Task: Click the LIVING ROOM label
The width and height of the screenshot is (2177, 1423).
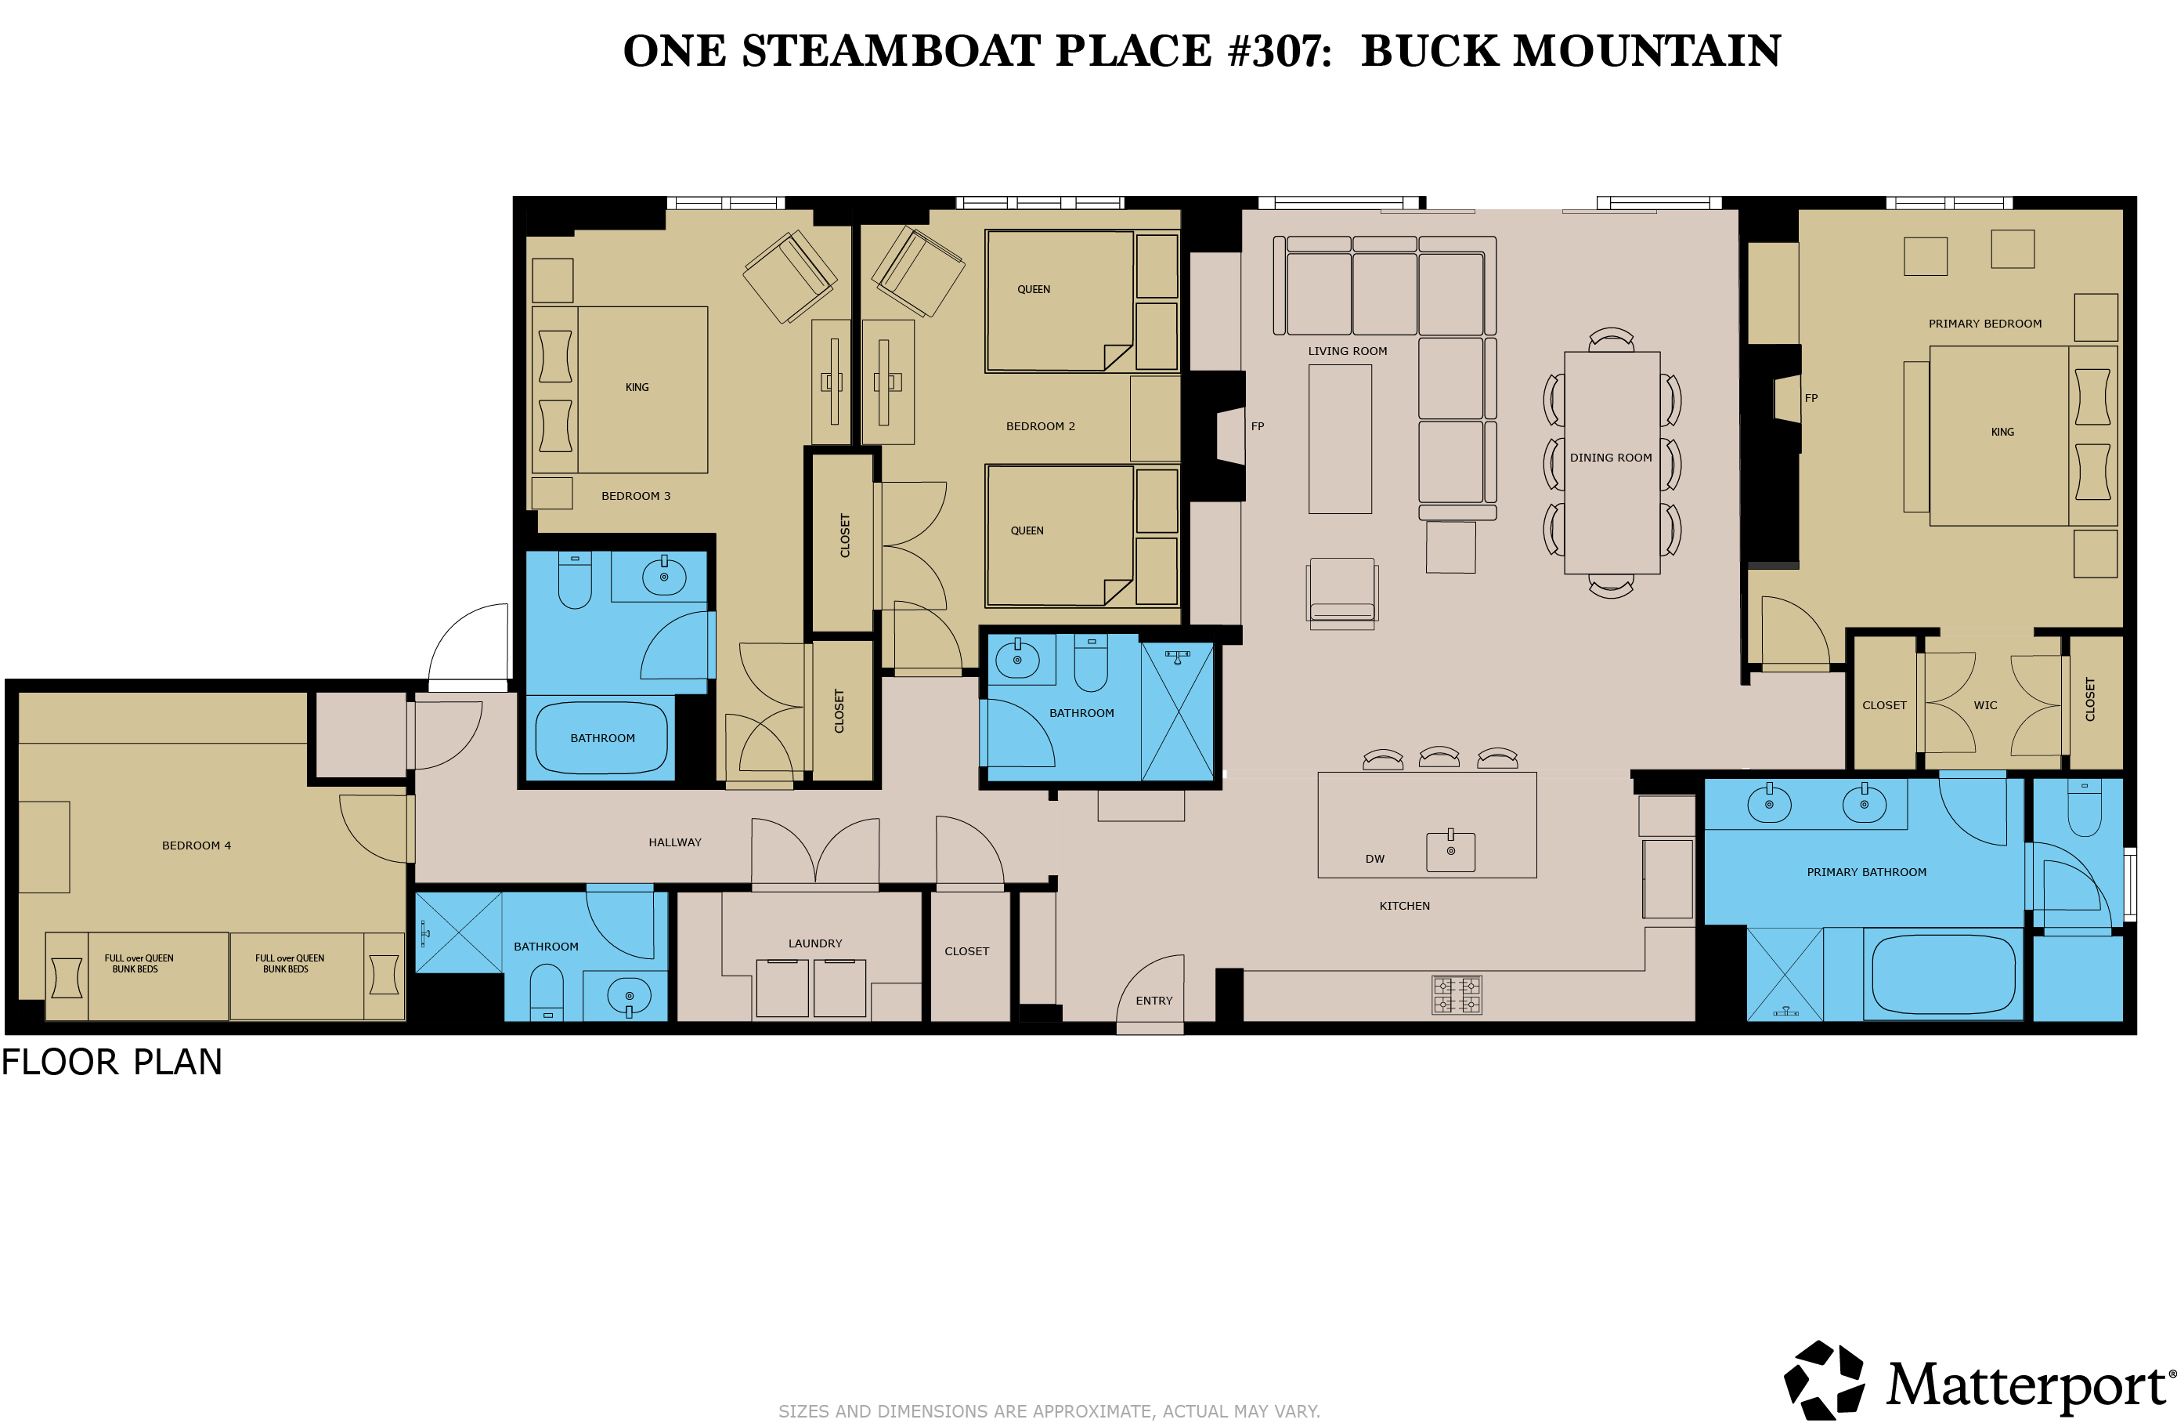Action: (x=1348, y=351)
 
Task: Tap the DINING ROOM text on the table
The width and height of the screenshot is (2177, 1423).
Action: (x=1611, y=458)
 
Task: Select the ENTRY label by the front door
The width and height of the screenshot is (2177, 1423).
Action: (x=1154, y=1001)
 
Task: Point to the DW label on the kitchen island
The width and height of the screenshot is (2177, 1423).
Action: (x=1375, y=860)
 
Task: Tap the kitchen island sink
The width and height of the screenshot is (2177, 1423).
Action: (x=1451, y=851)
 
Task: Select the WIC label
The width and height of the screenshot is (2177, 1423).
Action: (x=1985, y=705)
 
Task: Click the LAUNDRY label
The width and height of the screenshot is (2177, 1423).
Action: (x=815, y=943)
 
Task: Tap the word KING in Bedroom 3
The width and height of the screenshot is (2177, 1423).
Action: (x=637, y=388)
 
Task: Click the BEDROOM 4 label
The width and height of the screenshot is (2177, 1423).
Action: (x=197, y=845)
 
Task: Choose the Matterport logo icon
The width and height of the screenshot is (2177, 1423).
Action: (x=1824, y=1381)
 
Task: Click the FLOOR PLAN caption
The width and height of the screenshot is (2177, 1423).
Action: (x=112, y=1063)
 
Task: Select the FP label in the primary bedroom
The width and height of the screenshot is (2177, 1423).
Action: (x=1811, y=398)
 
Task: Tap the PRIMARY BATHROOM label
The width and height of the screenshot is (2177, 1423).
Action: (x=1866, y=873)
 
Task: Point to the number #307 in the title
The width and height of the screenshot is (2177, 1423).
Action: (x=1280, y=50)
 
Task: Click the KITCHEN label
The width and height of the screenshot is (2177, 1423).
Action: (x=1404, y=906)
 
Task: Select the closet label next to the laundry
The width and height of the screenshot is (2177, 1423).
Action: (x=967, y=952)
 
